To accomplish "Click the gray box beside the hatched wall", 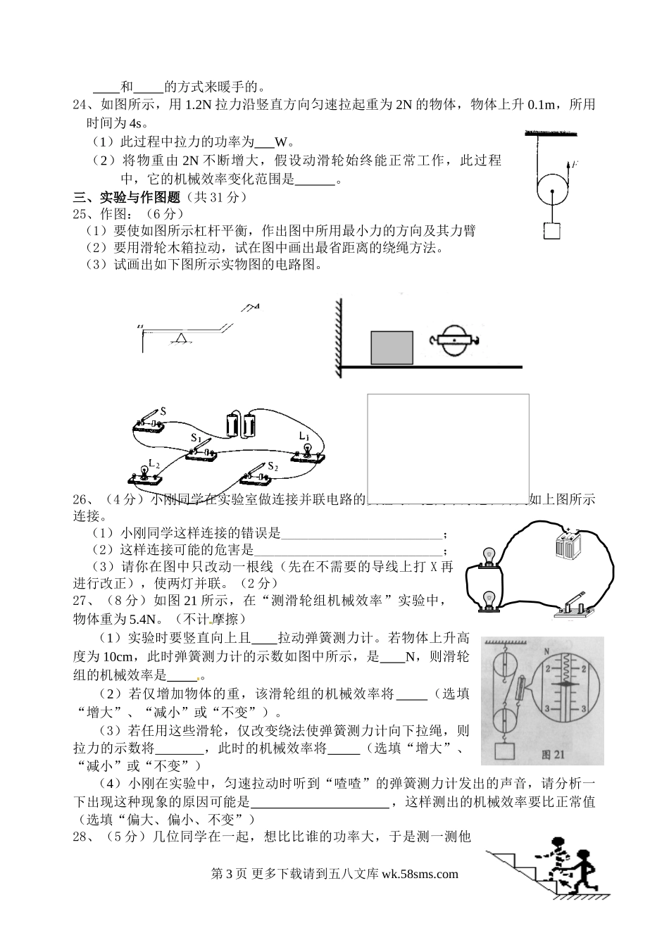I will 392,347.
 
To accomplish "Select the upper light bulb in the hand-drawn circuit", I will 487,557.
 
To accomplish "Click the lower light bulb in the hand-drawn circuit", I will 487,600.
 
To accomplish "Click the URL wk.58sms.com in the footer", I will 419,874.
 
